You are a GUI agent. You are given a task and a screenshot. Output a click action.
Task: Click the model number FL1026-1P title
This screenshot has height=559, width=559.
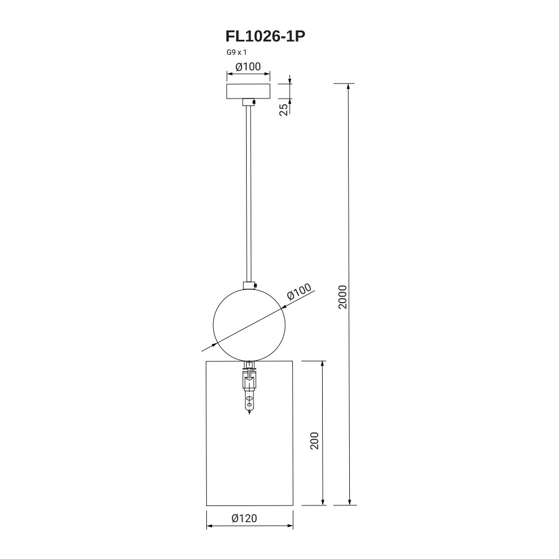[x=265, y=36]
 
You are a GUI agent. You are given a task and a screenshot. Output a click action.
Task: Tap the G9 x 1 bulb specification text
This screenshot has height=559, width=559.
[x=237, y=52]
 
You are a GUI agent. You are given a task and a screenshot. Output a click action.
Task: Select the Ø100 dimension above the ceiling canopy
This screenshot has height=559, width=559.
[x=248, y=67]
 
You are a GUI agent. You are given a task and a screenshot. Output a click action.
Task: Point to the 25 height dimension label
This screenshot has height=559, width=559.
[x=283, y=109]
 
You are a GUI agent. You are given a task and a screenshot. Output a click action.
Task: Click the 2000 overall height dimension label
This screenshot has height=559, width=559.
[x=342, y=297]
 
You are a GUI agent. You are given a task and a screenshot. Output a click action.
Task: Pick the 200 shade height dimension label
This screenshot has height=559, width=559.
[x=315, y=441]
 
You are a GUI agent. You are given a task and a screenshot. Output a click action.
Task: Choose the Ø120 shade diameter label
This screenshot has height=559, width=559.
[x=244, y=518]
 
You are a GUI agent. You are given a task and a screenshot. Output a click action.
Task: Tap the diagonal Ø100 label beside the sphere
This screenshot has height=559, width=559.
[x=299, y=292]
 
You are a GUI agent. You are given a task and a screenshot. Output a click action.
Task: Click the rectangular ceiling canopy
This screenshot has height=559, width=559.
[x=248, y=91]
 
